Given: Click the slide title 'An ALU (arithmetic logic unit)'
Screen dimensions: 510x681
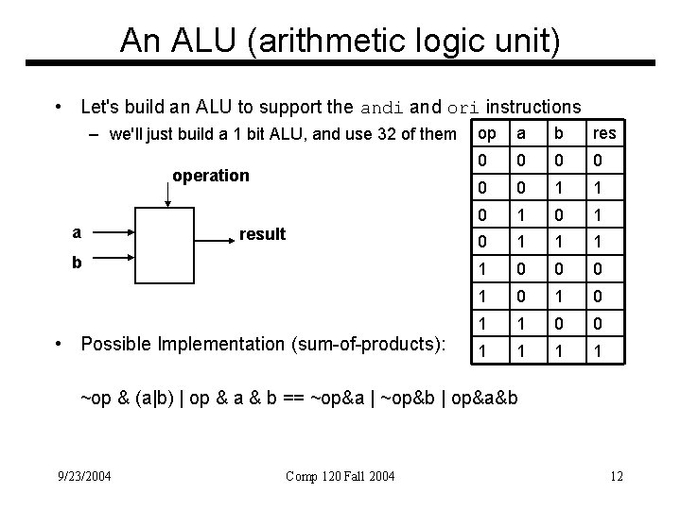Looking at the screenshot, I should click(340, 40).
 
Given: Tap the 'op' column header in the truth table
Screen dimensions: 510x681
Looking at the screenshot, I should click(487, 133).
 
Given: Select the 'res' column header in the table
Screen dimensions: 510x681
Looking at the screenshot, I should click(604, 133).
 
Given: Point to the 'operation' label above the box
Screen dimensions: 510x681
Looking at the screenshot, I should click(211, 176).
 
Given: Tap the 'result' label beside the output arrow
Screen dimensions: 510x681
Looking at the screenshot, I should click(263, 234).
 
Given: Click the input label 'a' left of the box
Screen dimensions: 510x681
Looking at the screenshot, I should click(77, 229).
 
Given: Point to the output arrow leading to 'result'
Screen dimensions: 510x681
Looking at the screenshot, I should click(218, 241).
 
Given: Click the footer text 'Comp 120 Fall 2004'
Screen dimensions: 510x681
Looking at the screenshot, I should click(339, 476).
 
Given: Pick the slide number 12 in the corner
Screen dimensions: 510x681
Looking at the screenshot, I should click(616, 476).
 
